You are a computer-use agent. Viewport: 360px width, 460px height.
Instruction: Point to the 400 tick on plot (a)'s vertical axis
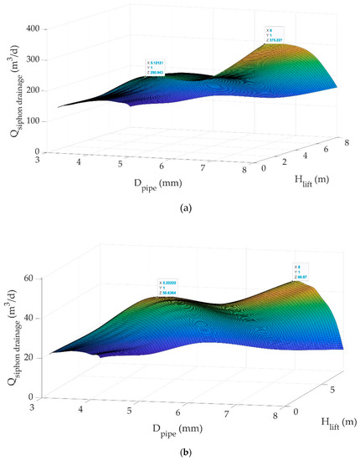click(x=38, y=28)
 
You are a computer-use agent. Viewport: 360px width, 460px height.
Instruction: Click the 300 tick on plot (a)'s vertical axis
click(x=38, y=59)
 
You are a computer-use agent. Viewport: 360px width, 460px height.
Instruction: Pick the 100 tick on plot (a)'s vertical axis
click(x=38, y=120)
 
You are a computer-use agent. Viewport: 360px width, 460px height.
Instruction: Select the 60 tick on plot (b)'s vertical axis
click(x=39, y=278)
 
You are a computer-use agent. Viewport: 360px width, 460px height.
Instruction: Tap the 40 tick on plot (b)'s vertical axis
click(x=39, y=318)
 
